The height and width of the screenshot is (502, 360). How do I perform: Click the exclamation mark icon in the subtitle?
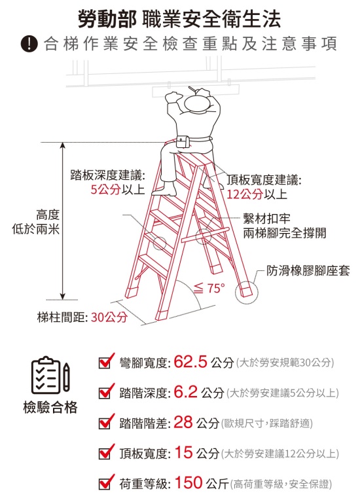pyautogui.click(x=29, y=45)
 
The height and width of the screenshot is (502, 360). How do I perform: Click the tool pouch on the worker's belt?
pyautogui.click(x=182, y=141)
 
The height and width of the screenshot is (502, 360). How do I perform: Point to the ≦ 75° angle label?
pyautogui.click(x=209, y=288)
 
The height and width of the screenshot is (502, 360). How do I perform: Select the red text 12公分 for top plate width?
pyautogui.click(x=245, y=194)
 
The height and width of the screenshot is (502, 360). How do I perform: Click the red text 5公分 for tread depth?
pyautogui.click(x=105, y=189)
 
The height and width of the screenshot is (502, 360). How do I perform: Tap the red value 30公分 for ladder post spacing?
pyautogui.click(x=109, y=317)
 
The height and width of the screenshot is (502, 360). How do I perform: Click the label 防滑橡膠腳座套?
pyautogui.click(x=308, y=271)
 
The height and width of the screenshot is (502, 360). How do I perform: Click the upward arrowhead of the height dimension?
pyautogui.click(x=63, y=146)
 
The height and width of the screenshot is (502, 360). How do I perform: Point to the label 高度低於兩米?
pyautogui.click(x=36, y=222)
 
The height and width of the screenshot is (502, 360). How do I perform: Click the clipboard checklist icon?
pyautogui.click(x=50, y=375)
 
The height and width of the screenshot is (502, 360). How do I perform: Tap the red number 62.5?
pyautogui.click(x=190, y=361)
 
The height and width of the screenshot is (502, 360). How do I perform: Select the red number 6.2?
pyautogui.click(x=185, y=391)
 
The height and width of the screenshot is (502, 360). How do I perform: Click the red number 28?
pyautogui.click(x=183, y=422)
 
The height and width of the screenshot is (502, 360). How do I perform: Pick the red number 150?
pyautogui.click(x=189, y=482)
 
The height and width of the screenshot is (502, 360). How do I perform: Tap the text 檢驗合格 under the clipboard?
pyautogui.click(x=50, y=407)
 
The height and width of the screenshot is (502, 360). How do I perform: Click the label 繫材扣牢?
pyautogui.click(x=266, y=219)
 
